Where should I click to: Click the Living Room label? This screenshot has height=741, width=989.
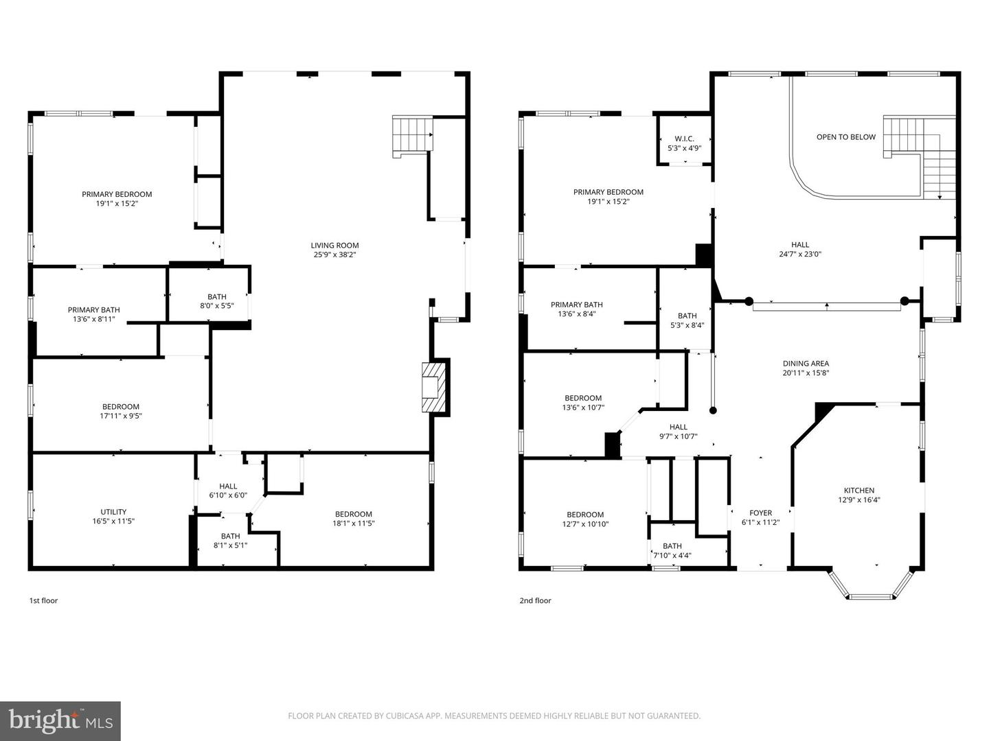334,250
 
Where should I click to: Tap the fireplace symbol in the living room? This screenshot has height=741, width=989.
433,388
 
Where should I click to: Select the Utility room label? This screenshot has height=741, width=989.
113,516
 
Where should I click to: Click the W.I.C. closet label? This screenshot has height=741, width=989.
684,143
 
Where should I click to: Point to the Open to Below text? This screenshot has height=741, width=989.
845,137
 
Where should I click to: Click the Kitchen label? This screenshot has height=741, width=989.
859,495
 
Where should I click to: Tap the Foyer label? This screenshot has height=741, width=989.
760,517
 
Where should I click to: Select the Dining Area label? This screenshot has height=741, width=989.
806,368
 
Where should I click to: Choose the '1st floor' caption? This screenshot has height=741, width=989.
43,601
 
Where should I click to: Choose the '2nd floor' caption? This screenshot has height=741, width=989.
535,601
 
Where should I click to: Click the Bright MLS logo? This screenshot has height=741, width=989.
60,721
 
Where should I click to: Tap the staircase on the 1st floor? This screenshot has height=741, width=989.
412,134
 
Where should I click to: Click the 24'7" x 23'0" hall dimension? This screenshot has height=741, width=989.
799,254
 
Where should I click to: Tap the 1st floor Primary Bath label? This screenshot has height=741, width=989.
93,314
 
